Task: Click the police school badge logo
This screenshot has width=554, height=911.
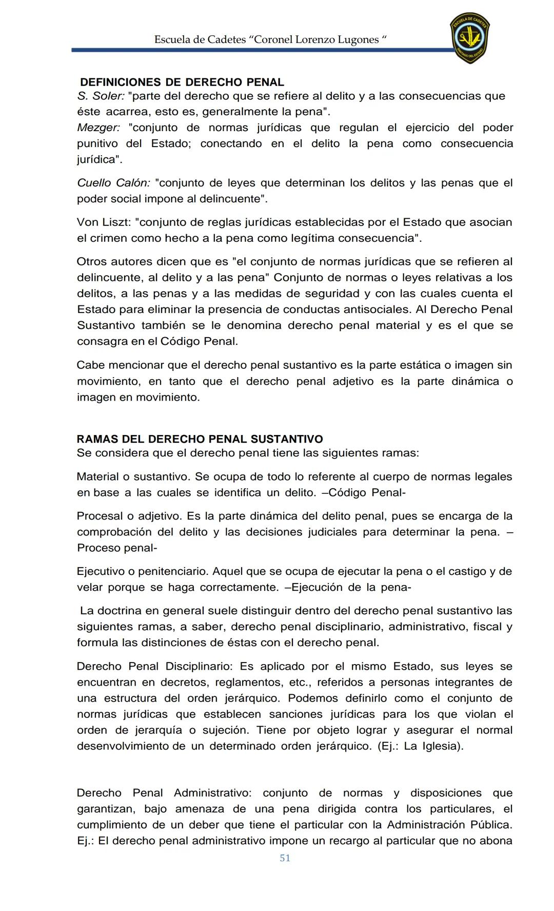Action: click(470, 38)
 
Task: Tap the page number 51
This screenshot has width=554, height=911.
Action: click(285, 858)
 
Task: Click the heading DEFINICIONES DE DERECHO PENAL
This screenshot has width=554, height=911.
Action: click(182, 82)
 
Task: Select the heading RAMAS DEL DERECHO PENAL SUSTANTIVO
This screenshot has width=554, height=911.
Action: click(200, 439)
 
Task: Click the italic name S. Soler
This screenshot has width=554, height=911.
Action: click(101, 96)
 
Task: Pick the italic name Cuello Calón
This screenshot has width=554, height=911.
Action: click(113, 183)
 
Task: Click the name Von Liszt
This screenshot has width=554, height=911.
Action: click(103, 222)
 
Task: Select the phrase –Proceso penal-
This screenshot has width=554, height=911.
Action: click(117, 548)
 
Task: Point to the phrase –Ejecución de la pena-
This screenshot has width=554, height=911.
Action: click(348, 587)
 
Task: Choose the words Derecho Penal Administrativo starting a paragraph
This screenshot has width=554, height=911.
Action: click(164, 793)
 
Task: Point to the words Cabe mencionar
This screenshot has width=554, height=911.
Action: click(114, 365)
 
